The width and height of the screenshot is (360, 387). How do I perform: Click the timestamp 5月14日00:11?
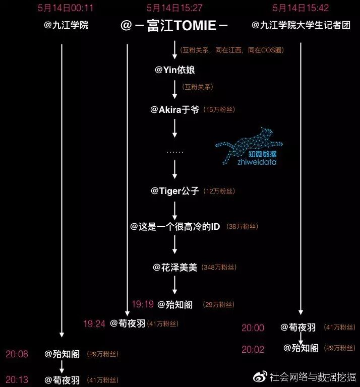click(x=66, y=8)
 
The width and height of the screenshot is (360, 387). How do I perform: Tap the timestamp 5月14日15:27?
click(x=174, y=8)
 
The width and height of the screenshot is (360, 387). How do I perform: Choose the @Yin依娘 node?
click(x=174, y=70)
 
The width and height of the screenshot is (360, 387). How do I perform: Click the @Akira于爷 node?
click(x=174, y=109)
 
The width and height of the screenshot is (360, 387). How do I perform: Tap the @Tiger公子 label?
click(x=174, y=191)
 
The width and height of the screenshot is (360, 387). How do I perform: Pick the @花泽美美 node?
click(x=175, y=267)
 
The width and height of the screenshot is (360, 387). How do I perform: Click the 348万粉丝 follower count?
click(x=219, y=268)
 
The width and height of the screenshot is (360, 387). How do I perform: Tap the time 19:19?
click(x=142, y=304)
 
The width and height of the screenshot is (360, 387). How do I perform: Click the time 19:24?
click(x=94, y=324)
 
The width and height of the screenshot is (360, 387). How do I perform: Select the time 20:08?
click(x=17, y=354)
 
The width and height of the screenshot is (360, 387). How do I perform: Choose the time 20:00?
click(x=253, y=328)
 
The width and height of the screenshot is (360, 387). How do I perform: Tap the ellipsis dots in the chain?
click(x=174, y=151)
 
